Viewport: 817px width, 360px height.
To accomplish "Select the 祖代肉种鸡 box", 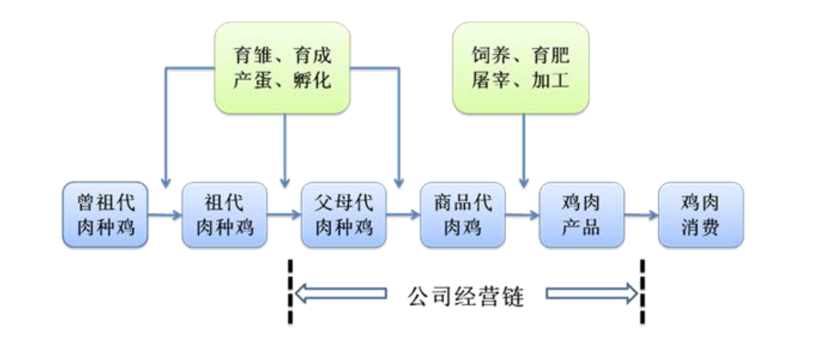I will [x=224, y=215].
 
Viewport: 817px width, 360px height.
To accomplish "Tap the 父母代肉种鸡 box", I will [x=343, y=215].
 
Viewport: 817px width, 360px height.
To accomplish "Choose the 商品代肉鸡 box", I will [x=462, y=215].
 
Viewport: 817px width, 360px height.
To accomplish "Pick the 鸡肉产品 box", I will [x=581, y=215].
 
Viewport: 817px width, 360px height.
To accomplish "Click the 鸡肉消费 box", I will [x=700, y=215].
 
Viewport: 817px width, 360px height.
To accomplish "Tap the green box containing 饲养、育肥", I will [x=521, y=68].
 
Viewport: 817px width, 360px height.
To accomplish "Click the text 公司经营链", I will [x=466, y=297].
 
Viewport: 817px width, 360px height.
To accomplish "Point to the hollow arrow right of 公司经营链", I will [x=592, y=295].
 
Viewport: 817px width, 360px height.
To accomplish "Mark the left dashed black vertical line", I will [x=290, y=291].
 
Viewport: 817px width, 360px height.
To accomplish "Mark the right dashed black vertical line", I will [x=643, y=291].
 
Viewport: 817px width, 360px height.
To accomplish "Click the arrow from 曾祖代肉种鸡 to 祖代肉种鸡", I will [x=165, y=214].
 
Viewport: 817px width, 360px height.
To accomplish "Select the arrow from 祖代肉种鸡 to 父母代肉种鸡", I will [x=284, y=214].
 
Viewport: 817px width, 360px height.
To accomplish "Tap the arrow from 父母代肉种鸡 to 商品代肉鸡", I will [x=403, y=214].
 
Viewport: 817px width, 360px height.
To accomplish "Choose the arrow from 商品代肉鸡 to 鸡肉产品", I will [x=522, y=214].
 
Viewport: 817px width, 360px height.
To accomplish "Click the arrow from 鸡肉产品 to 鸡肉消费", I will [x=641, y=214].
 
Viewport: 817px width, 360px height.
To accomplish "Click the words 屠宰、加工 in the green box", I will [x=521, y=81].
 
